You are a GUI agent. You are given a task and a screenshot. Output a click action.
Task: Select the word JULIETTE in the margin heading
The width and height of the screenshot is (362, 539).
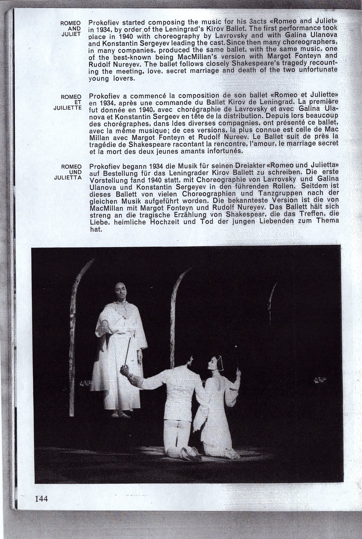tap(67, 108)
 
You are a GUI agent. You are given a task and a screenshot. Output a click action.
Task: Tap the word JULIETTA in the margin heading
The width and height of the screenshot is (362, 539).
tap(67, 177)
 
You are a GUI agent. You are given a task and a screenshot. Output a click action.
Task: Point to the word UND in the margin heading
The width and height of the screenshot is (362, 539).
tap(75, 172)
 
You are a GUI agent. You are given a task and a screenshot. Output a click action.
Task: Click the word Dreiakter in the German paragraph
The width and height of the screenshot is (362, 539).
tap(249, 166)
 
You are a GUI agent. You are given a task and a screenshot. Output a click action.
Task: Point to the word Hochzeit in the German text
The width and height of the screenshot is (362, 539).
tap(196, 221)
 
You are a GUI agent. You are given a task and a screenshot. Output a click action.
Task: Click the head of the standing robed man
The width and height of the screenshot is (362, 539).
tap(119, 292)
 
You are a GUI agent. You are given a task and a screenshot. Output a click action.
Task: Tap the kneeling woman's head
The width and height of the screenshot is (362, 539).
tap(213, 363)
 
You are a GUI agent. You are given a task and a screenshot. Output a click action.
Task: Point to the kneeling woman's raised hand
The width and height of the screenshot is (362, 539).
tap(238, 373)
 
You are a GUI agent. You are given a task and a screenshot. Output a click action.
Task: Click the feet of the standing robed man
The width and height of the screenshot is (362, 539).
tap(118, 414)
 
